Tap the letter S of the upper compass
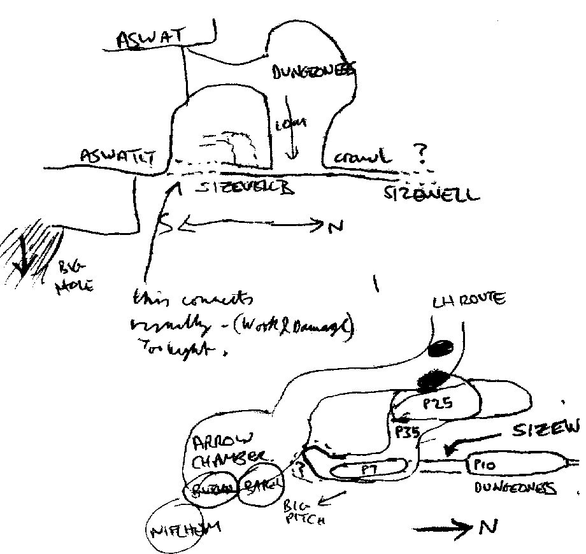[x=167, y=225]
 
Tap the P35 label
[x=406, y=432]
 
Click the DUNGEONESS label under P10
[x=515, y=488]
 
